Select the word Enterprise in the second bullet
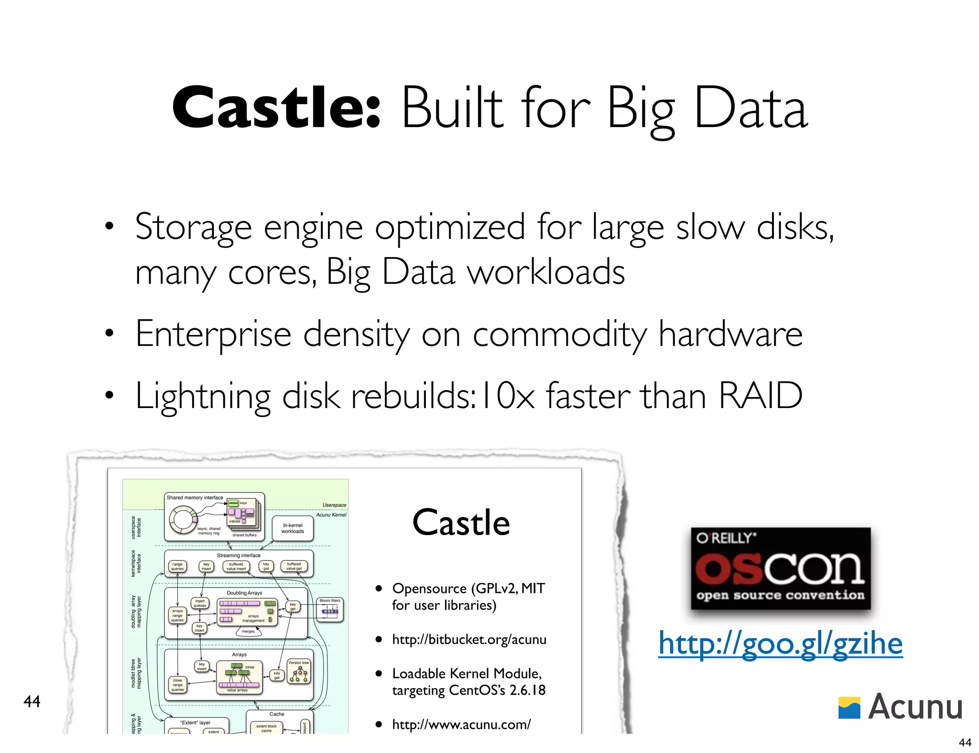pyautogui.click(x=213, y=334)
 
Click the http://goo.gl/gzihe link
pyautogui.click(x=780, y=643)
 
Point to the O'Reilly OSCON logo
pyautogui.click(x=780, y=569)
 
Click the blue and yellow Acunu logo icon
pyautogui.click(x=849, y=708)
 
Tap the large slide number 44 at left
pyautogui.click(x=32, y=701)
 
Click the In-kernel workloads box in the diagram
pyautogui.click(x=293, y=528)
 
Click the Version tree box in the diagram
pyautogui.click(x=299, y=672)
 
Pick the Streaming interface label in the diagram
pyautogui.click(x=239, y=555)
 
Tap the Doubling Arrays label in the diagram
pyautogui.click(x=244, y=593)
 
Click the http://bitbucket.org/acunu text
pyautogui.click(x=469, y=640)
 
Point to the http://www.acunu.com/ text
pyautogui.click(x=461, y=724)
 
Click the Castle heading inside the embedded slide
pyautogui.click(x=461, y=523)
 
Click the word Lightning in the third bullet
pyautogui.click(x=203, y=397)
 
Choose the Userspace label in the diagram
pyautogui.click(x=334, y=505)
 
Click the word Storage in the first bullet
pyautogui.click(x=193, y=227)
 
